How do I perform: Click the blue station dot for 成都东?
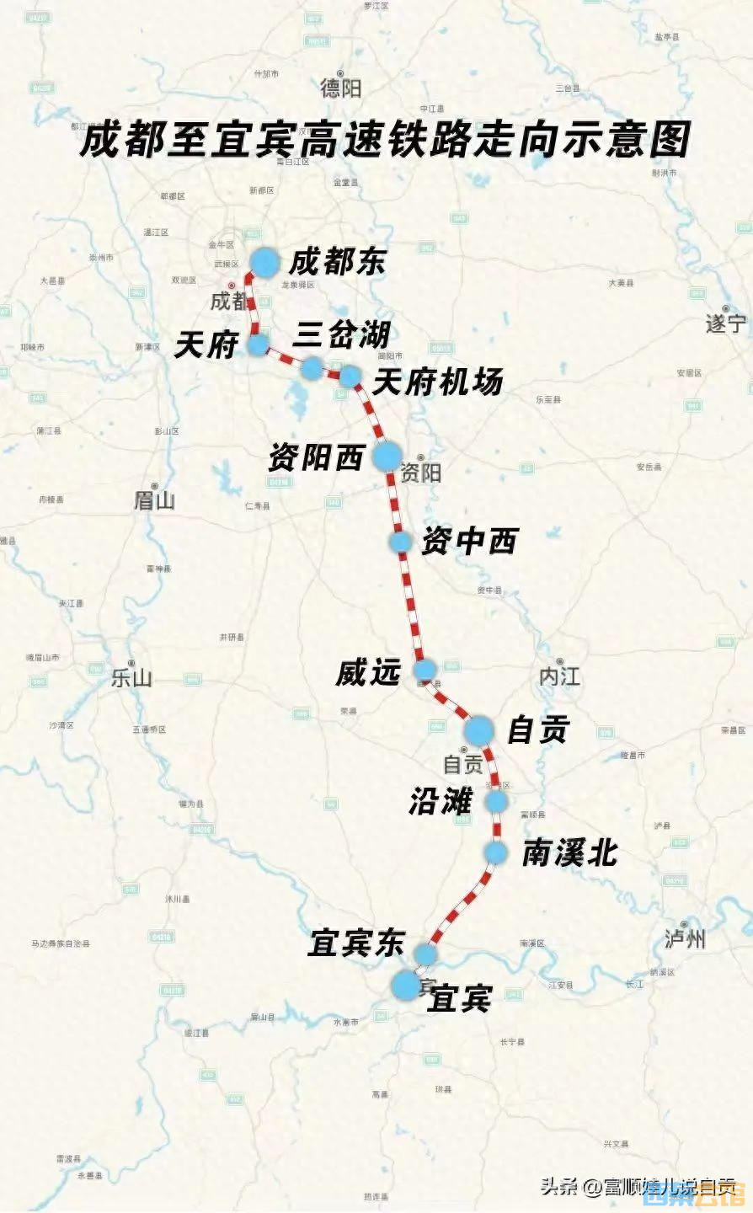[264, 263]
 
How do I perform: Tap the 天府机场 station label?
[437, 382]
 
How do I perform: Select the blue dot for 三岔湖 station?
[312, 367]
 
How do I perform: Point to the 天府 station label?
[206, 345]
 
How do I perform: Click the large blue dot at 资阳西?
[387, 456]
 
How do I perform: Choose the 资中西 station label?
[468, 541]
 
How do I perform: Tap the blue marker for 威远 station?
[425, 671]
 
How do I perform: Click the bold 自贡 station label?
[538, 729]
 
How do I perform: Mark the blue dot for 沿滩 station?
[496, 801]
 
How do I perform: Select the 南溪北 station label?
[569, 853]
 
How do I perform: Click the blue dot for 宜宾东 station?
[425, 954]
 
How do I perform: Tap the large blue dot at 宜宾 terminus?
[406, 985]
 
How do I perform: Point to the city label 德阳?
[340, 88]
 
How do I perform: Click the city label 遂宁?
[726, 323]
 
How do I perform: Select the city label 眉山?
[154, 500]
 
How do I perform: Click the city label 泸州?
[685, 938]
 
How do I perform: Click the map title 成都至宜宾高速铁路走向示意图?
[384, 140]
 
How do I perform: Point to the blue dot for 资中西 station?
[400, 542]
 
